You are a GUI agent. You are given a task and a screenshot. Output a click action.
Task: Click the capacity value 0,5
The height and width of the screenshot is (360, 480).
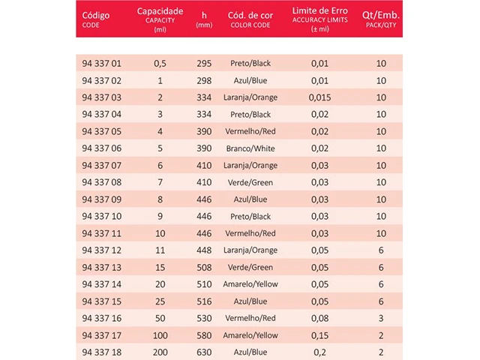159,63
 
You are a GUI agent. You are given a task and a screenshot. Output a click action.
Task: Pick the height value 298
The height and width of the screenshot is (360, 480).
205,80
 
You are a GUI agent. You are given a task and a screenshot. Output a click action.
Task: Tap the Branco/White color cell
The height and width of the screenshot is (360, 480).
250,148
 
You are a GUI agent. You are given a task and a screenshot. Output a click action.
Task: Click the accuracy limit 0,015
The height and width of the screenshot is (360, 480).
319,97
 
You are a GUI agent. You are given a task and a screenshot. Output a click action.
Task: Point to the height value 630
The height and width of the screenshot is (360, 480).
205,352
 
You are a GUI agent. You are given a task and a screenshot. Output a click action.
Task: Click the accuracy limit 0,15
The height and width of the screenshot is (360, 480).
319,335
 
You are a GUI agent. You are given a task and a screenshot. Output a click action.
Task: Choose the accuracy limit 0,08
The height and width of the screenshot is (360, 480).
319,318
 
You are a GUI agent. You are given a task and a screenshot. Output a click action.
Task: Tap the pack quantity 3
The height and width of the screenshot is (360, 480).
381,318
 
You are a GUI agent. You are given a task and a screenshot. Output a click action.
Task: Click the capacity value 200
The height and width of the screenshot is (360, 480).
159,352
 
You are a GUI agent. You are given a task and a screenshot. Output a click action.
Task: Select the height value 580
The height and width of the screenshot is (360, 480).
205,335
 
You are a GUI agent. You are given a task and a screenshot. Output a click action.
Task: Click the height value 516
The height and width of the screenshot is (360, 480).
205,301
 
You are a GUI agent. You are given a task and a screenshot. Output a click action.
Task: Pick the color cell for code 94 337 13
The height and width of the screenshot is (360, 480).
250,267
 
